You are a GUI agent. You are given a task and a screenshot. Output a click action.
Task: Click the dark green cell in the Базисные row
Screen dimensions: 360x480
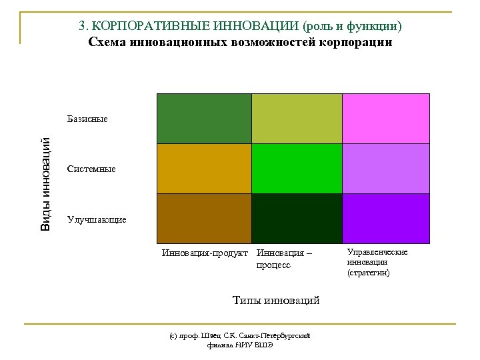pos(203,118)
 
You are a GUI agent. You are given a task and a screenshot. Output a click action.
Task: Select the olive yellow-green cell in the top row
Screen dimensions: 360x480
pos(297,118)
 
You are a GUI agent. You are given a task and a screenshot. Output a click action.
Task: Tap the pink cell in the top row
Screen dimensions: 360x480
pos(386,118)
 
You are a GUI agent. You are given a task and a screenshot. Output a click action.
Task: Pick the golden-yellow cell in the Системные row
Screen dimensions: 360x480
pos(203,168)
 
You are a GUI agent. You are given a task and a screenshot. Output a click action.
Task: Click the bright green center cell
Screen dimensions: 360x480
pos(297,168)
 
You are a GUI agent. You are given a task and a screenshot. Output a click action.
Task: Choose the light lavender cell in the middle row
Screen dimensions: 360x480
pos(386,168)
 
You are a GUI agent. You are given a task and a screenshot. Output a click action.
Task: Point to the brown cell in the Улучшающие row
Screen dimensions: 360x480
pos(203,217)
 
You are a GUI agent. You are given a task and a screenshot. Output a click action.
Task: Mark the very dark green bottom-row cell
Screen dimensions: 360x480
pos(297,217)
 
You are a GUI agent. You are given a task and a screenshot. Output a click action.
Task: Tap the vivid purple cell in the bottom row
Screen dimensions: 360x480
pos(386,217)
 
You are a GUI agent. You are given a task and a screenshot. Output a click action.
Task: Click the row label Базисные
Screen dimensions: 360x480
pos(87,119)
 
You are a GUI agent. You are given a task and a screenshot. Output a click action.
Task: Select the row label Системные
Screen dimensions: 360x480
pos(91,169)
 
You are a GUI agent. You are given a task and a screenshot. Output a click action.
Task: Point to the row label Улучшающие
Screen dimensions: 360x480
pos(97,219)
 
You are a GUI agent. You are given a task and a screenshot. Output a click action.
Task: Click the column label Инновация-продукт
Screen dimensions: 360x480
pos(205,253)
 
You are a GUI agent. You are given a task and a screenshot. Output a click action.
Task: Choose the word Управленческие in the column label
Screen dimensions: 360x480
pos(377,252)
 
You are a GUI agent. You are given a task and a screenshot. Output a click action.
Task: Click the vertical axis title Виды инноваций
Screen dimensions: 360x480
pos(45,183)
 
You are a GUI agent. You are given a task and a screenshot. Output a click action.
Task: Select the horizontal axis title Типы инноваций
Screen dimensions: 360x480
pos(275,301)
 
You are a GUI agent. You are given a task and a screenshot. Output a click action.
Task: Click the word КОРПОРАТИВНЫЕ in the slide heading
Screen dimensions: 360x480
pos(139,26)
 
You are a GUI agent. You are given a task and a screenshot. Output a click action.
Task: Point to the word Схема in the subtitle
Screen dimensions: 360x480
pos(106,42)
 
